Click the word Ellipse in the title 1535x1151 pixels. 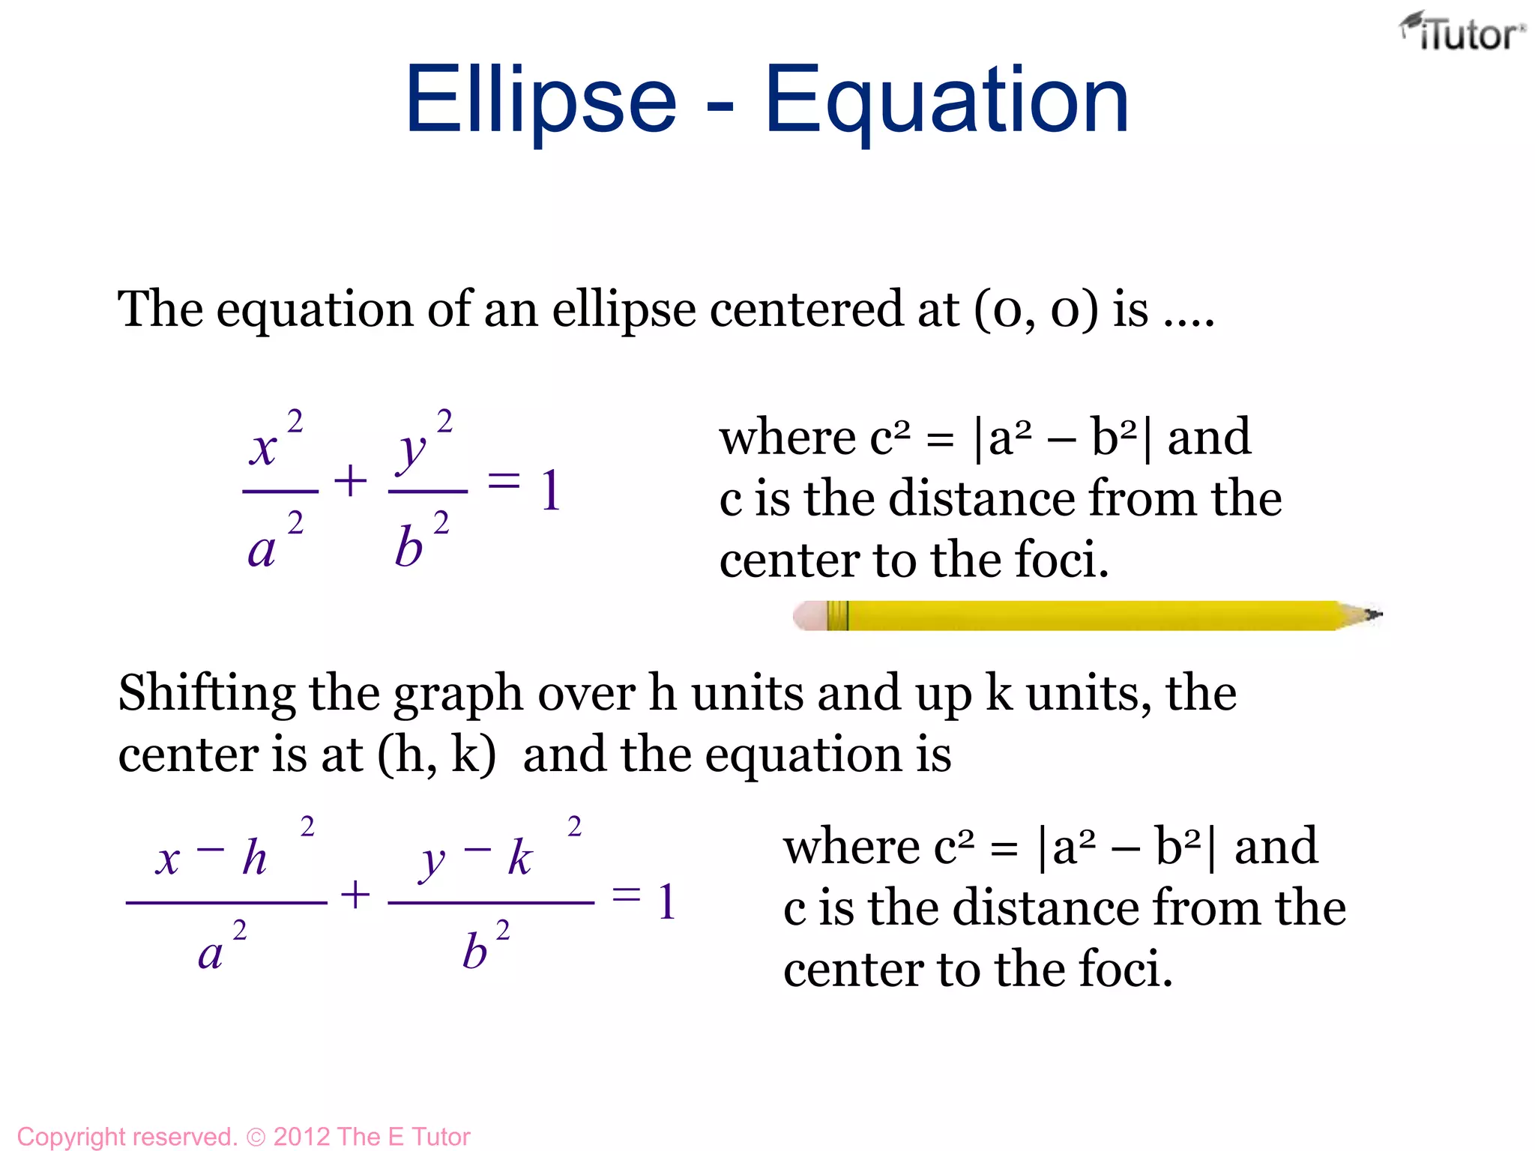540,101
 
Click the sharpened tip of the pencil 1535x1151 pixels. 1376,615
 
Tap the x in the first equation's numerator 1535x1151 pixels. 263,450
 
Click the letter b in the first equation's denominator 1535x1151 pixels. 409,547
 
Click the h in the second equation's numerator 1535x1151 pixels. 255,857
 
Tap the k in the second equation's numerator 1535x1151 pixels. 520,857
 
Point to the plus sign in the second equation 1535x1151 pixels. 355,895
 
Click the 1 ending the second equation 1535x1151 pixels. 666,901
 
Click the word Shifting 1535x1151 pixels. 207,694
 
